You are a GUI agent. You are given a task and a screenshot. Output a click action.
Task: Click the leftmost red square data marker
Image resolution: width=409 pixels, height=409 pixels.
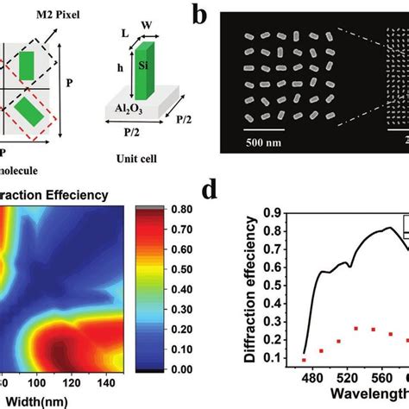[x=304, y=359]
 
